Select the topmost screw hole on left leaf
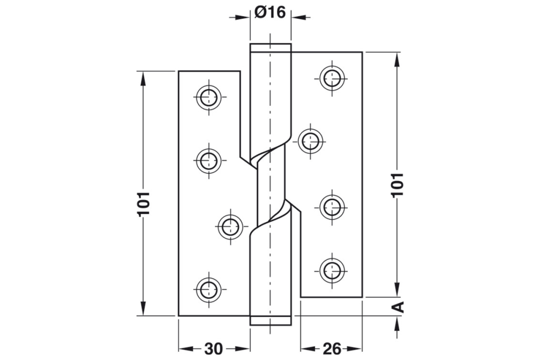click(x=208, y=97)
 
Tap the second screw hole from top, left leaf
click(x=208, y=160)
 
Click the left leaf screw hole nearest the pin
click(x=231, y=226)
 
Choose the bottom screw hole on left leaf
click(x=208, y=289)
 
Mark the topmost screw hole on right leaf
click(x=332, y=78)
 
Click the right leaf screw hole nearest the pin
click(x=311, y=141)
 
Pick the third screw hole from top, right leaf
click(x=332, y=206)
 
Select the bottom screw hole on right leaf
click(x=332, y=270)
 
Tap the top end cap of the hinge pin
click(x=270, y=47)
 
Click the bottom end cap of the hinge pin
click(x=270, y=320)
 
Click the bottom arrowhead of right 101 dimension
click(x=397, y=291)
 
